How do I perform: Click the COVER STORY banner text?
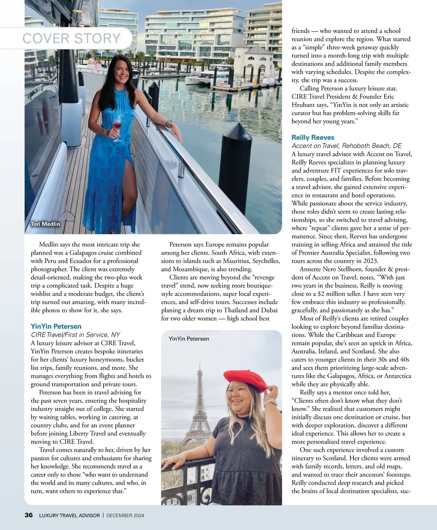click(72, 38)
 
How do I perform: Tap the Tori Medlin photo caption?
click(46, 224)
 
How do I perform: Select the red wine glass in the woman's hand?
click(117, 128)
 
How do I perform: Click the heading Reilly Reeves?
click(312, 137)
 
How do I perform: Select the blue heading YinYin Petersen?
click(56, 326)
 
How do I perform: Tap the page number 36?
click(28, 515)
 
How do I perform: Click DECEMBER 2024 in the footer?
click(125, 515)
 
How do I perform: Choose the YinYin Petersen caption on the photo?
click(189, 339)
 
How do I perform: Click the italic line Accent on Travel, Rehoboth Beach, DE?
click(346, 146)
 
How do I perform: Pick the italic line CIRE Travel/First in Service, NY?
click(75, 335)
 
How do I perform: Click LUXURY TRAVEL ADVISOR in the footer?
click(69, 515)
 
